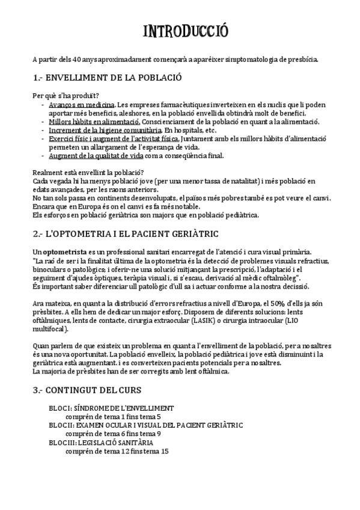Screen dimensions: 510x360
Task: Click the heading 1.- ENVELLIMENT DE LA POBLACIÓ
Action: point(108,78)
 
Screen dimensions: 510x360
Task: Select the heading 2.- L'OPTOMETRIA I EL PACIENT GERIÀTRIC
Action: point(126,233)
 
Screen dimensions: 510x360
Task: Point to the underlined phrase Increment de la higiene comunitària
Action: point(97,129)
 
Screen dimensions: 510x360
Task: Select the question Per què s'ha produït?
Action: point(66,96)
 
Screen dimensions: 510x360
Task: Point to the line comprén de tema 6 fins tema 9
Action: point(112,434)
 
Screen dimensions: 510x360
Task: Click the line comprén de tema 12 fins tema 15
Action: point(117,450)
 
